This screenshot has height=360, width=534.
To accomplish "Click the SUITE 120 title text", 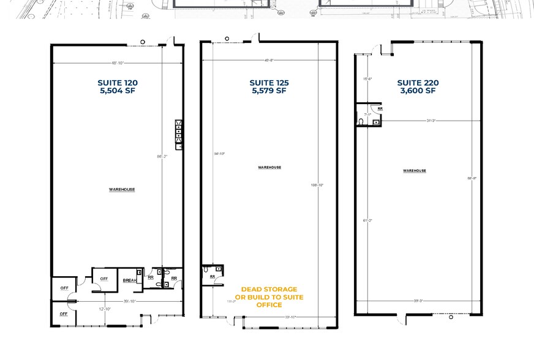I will (x=118, y=83).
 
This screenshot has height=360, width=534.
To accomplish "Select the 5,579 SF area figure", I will (x=268, y=91).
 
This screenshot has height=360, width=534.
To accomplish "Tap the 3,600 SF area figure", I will (x=418, y=91).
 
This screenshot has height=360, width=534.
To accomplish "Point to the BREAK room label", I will (x=129, y=280).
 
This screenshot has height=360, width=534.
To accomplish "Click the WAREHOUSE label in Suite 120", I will (x=122, y=190).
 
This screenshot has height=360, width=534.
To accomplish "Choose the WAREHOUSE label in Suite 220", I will (x=415, y=171).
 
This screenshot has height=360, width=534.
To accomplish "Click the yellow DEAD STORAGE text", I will (x=269, y=289).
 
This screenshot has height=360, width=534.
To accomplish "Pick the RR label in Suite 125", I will (x=213, y=276).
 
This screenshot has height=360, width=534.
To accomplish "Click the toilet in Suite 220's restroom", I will (x=362, y=122).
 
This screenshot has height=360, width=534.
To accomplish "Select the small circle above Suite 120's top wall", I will (x=143, y=42).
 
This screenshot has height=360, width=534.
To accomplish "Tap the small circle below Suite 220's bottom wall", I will (x=451, y=317).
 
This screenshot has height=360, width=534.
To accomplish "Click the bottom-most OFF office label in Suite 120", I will (x=64, y=313).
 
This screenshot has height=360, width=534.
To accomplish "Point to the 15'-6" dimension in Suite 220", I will (x=367, y=79).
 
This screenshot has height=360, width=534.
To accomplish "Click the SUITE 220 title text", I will (x=418, y=83).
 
